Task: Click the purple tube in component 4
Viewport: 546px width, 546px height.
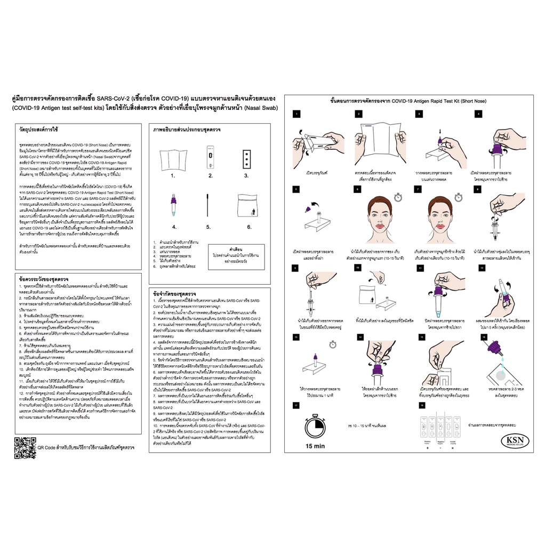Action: click(173, 203)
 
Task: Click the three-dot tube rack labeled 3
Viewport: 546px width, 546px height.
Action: click(246, 158)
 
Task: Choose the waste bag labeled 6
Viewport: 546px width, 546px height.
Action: click(248, 205)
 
